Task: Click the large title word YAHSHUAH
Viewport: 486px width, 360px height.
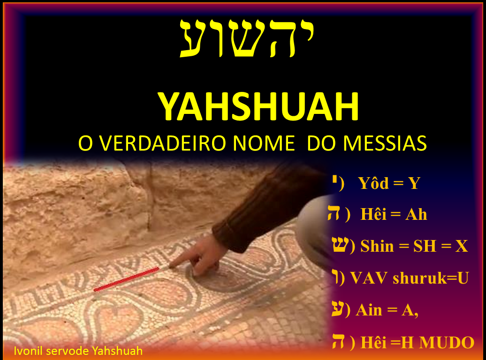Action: point(258,107)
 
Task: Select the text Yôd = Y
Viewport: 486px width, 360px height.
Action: point(389,183)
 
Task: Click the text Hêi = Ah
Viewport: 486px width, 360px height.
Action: point(394,215)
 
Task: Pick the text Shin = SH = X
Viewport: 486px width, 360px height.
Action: point(414,246)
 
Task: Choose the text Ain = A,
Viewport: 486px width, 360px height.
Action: point(387,310)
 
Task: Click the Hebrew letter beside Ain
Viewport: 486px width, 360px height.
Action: point(338,309)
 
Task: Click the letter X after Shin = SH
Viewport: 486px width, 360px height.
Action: point(462,246)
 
